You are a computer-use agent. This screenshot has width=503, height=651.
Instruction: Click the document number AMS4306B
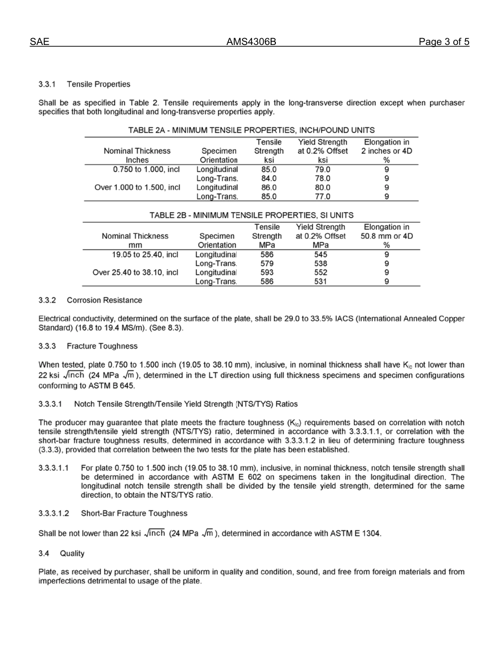(251, 42)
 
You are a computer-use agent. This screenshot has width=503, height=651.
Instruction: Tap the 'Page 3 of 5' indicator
(444, 42)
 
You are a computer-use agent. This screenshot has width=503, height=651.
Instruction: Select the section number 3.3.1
(47, 84)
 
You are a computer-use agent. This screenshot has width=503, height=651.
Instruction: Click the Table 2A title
(251, 130)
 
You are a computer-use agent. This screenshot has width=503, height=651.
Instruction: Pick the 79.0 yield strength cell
(322, 169)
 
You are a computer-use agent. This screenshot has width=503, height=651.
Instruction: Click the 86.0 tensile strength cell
(269, 187)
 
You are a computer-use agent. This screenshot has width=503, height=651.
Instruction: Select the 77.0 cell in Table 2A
(322, 196)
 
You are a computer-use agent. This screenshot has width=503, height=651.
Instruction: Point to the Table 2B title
(251, 215)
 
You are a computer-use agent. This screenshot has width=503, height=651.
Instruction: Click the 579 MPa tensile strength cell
(268, 264)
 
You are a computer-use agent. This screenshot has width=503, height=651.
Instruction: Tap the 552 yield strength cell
(321, 273)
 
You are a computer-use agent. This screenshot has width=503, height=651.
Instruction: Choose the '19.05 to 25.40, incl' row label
(145, 255)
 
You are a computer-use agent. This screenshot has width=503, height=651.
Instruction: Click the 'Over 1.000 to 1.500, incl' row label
(137, 187)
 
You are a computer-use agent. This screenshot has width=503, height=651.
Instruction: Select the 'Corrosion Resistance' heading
(104, 300)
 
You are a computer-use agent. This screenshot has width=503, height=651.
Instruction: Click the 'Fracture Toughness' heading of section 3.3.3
(102, 346)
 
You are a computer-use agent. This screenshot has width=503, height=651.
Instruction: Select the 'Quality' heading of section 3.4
(72, 554)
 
